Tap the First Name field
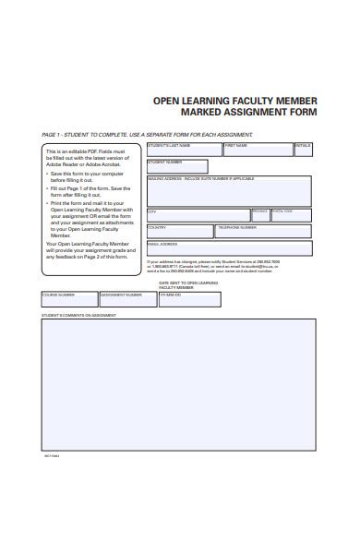pyautogui.click(x=256, y=149)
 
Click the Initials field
pyautogui.click(x=303, y=149)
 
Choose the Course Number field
pyautogui.click(x=68, y=299)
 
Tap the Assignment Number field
pyautogui.click(x=127, y=299)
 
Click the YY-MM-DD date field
pyautogui.click(x=189, y=299)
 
